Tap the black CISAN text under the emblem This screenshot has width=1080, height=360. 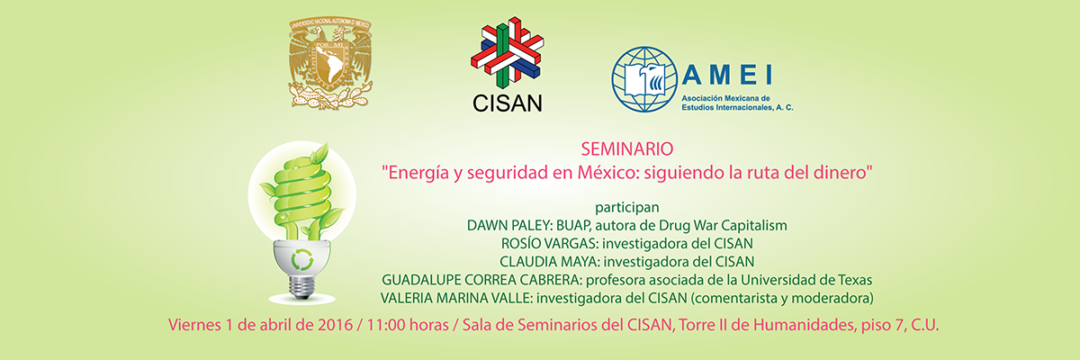point(508,103)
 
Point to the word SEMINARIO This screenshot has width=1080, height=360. point(628,148)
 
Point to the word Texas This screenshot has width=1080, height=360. point(851,280)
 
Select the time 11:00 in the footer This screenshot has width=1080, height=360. point(382,325)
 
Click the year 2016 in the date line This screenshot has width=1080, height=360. point(329,325)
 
